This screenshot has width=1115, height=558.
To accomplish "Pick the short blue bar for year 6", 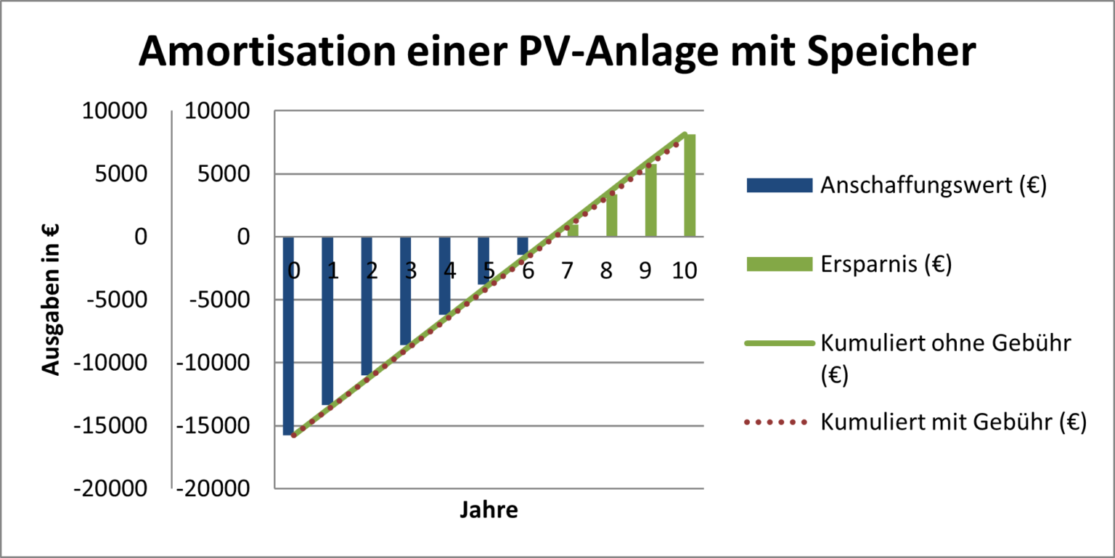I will pos(523,246).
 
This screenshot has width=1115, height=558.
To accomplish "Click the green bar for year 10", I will pos(690,186).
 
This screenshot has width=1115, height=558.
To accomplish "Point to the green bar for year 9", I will pos(651,200).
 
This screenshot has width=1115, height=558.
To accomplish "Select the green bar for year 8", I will pos(612,216).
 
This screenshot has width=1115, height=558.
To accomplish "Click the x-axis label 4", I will pos(449,271).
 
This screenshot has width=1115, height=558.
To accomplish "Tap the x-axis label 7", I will pos(567,271).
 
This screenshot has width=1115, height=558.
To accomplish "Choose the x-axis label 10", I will pos(684,271).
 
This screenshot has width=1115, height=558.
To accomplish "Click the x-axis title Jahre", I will pos(489,509).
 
